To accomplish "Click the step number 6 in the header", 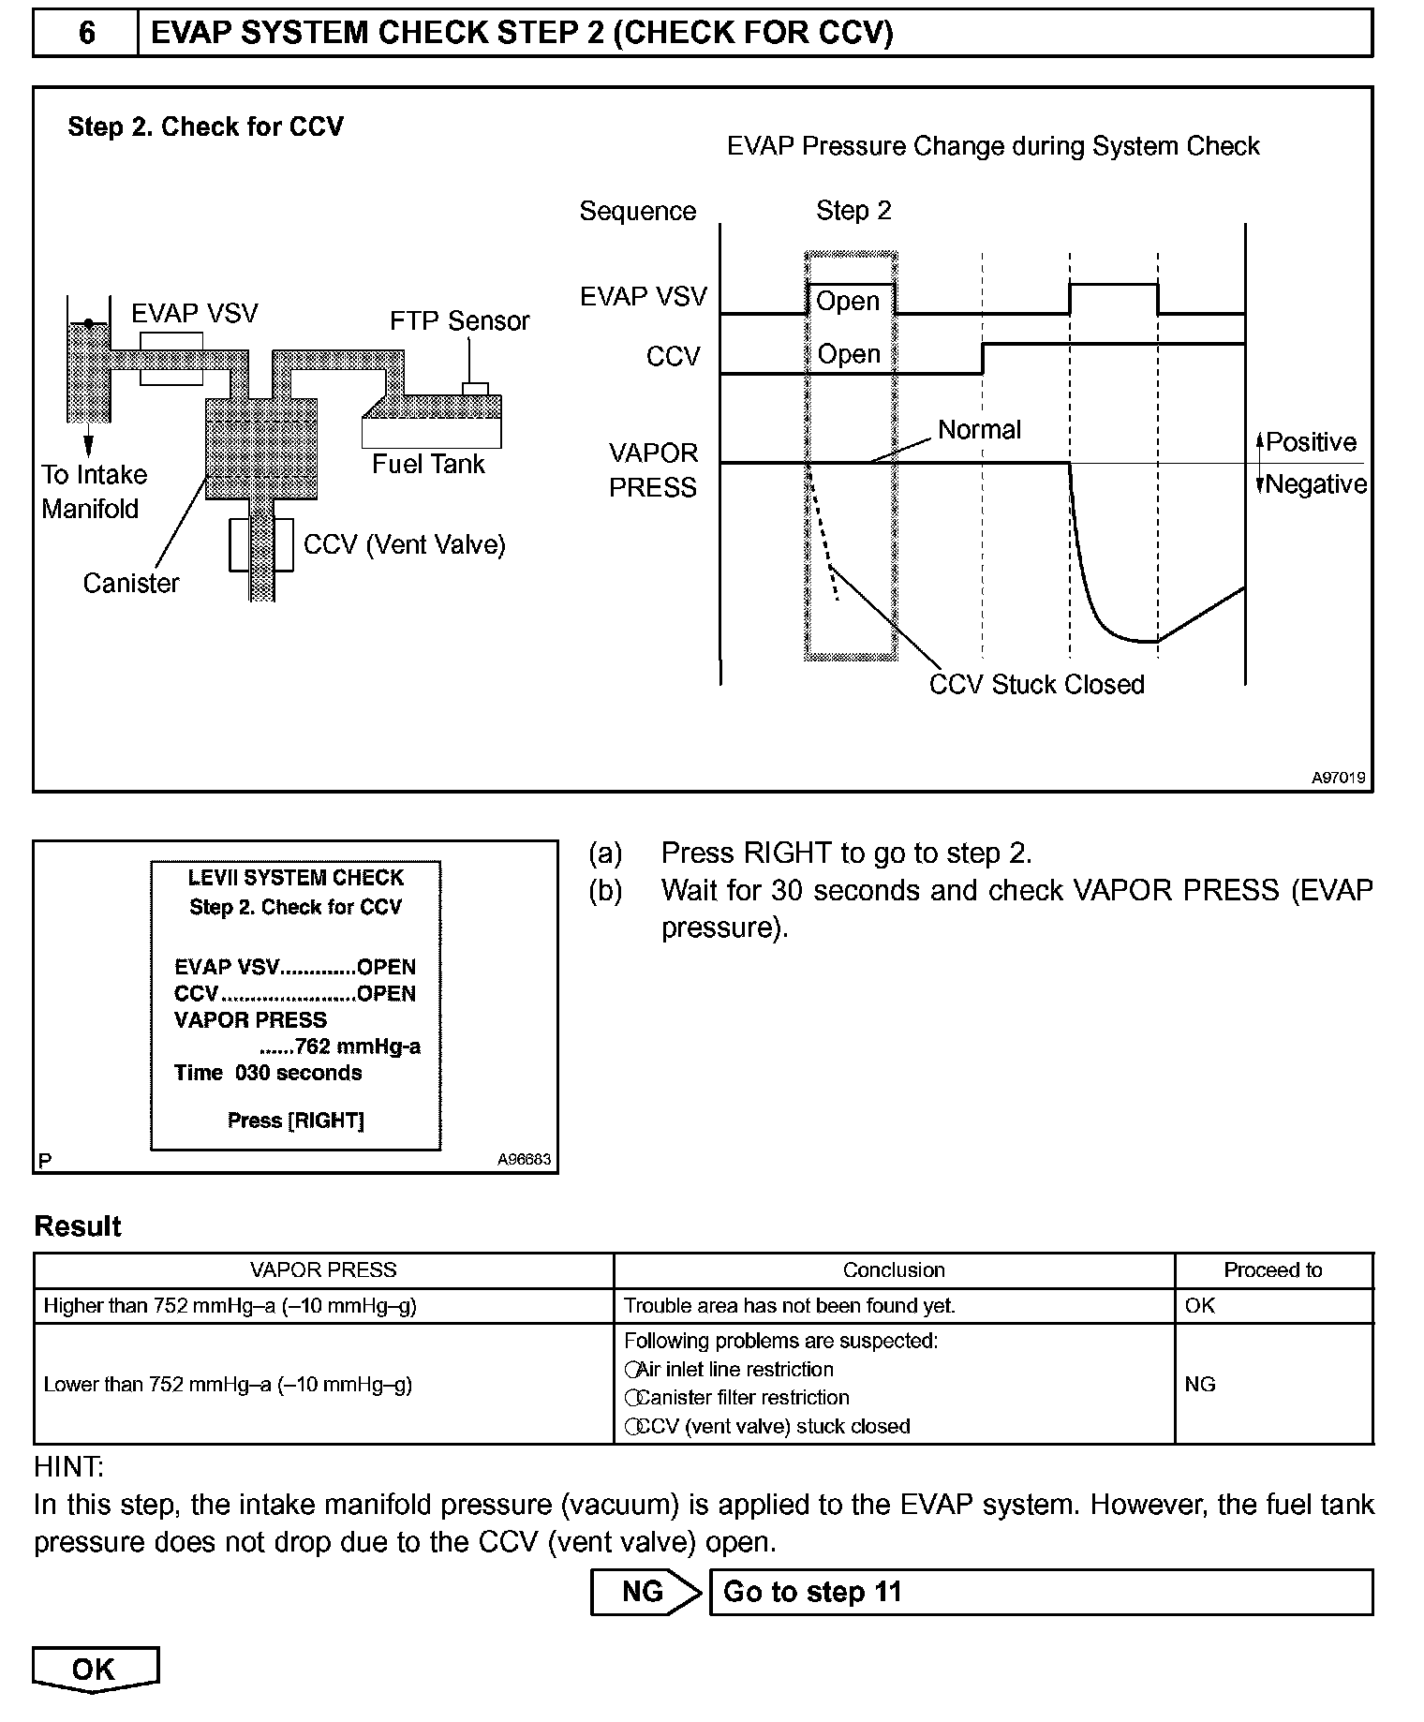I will [86, 34].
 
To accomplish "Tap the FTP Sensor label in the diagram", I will [459, 321].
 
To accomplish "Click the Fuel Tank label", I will [428, 465].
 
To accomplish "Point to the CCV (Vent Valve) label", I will [404, 545].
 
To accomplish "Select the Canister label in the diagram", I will [131, 584].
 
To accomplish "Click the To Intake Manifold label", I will [93, 492].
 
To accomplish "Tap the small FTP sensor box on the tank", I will [475, 389].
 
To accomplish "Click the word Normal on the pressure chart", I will [979, 430].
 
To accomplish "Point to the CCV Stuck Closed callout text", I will [1036, 685].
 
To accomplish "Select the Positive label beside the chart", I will [1311, 442].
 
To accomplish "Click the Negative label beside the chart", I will [1315, 484].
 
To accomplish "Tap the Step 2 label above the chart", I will [853, 211].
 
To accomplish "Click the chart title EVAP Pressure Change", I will [993, 147].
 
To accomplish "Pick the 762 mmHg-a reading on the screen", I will [356, 1047].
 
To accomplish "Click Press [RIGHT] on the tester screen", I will [296, 1121].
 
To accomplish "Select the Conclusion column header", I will [894, 1270].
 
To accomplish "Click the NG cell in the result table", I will [1200, 1385].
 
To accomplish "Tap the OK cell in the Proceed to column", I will [1200, 1306].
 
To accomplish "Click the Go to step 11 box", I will [1040, 1593].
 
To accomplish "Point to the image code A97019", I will [1338, 778].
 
